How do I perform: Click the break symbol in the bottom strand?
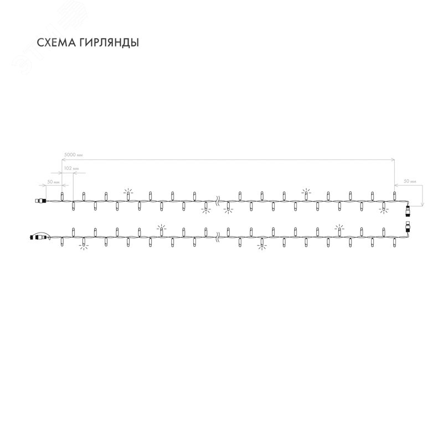coord(218,238)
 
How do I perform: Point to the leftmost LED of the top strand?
coord(62,195)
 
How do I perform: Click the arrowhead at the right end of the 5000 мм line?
coord(394,159)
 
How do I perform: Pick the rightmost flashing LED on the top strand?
coord(383,207)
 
